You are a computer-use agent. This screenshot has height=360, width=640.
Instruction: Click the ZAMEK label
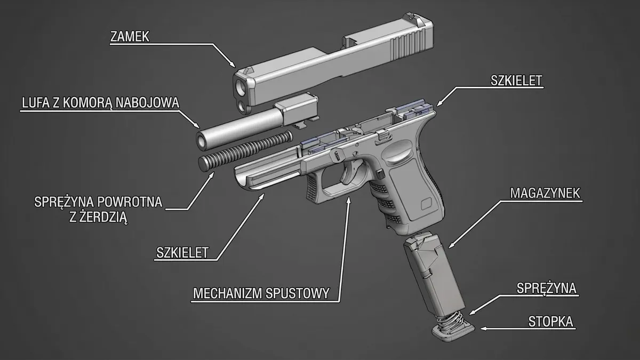tap(130, 37)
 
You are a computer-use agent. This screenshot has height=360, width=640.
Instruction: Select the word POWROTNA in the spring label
tap(130, 202)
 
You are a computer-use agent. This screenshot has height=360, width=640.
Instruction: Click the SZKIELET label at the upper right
tap(516, 81)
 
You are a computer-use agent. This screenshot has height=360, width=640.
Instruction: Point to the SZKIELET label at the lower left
tap(182, 253)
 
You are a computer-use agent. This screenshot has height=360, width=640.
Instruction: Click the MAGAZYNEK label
tap(545, 194)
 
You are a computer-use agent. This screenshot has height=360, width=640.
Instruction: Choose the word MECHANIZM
tap(227, 293)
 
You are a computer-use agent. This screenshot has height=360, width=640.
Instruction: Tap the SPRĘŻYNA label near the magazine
tap(546, 289)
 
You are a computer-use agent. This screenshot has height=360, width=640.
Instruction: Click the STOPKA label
tap(550, 322)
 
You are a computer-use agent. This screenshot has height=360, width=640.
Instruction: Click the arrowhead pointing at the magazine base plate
tap(483, 329)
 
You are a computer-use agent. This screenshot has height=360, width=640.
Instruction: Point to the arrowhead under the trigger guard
tap(348, 199)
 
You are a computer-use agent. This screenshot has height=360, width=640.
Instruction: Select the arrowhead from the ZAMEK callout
tap(233, 65)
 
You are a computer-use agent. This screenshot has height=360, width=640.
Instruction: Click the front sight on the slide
tap(249, 70)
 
